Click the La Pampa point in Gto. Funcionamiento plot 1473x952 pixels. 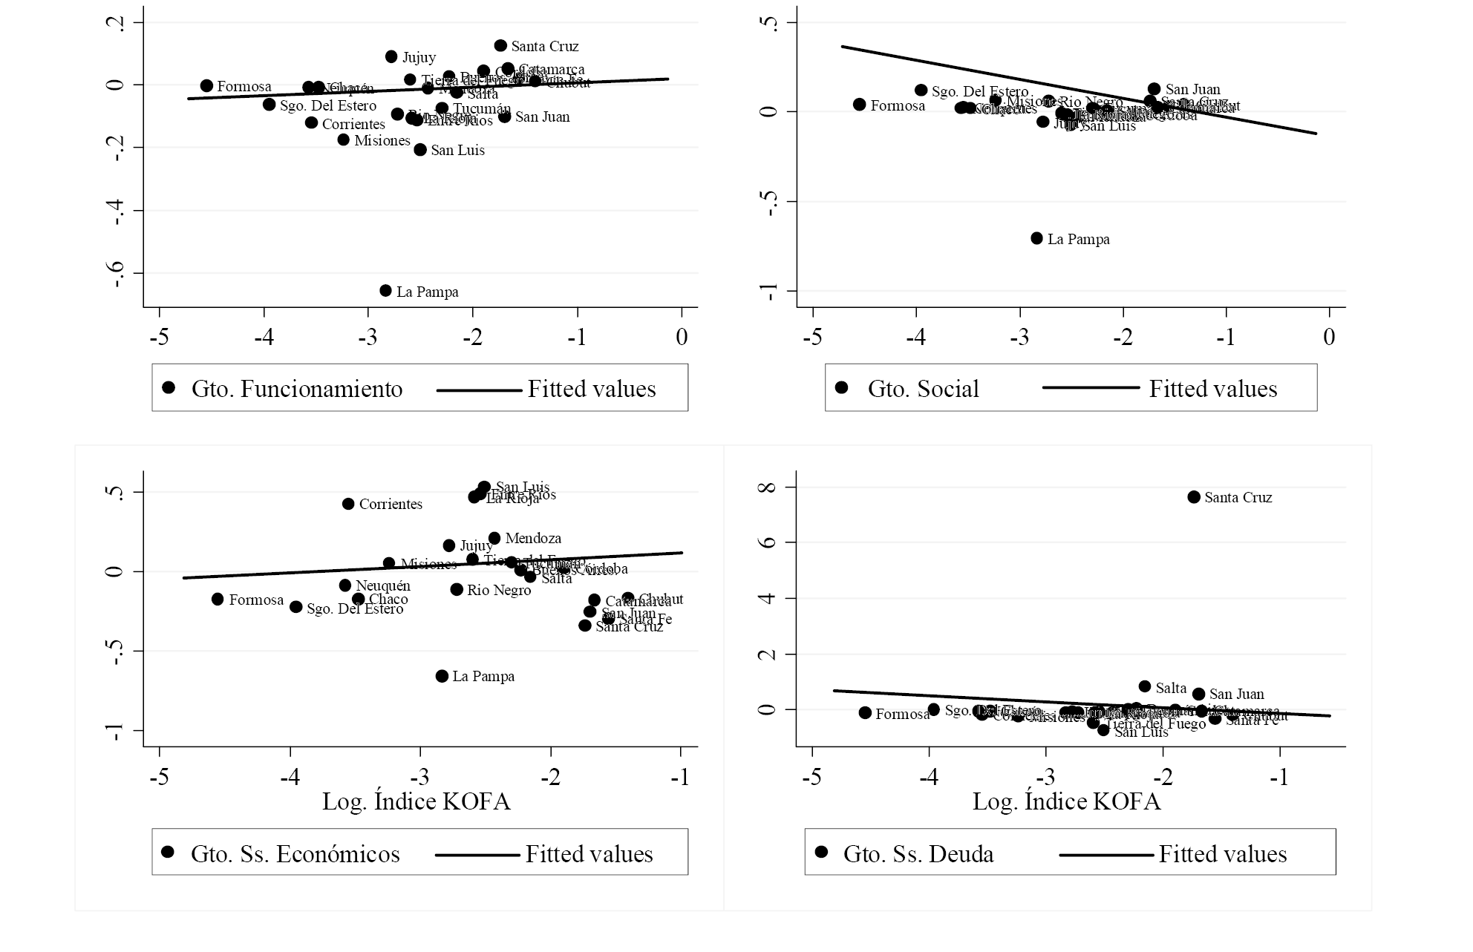385,291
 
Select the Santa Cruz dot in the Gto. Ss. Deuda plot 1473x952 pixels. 1194,497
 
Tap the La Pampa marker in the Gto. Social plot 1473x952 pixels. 1036,238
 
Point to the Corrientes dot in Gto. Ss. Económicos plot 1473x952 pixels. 348,504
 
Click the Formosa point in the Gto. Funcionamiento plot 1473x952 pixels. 206,86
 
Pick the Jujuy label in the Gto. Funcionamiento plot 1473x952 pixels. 419,57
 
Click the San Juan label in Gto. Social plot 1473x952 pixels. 1192,90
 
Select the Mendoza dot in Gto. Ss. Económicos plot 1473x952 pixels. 494,538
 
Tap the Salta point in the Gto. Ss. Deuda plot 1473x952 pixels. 1145,687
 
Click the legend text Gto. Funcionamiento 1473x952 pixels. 297,389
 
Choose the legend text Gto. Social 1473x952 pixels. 923,389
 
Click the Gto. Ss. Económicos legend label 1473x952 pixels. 295,854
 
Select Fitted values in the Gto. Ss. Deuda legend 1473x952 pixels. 1222,854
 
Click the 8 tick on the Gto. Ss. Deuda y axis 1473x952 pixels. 769,488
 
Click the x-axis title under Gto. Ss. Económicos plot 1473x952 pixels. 416,802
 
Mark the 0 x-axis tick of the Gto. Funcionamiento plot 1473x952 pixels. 682,338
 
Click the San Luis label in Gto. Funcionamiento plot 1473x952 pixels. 457,151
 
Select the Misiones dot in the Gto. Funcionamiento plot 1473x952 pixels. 343,139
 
